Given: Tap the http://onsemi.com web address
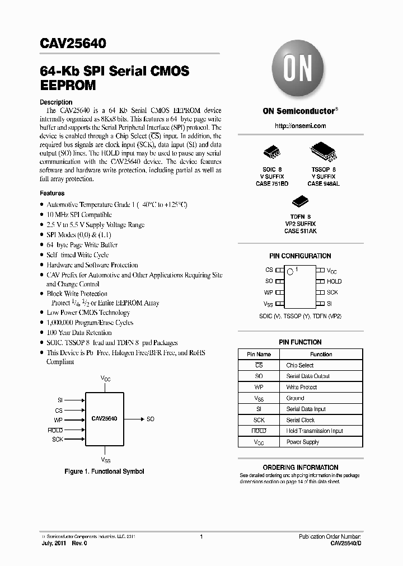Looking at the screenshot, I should (300, 126).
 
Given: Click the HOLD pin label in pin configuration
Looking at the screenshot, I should (334, 281).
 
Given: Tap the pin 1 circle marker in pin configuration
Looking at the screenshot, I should (290, 272).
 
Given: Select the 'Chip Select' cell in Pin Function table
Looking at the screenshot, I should (300, 365).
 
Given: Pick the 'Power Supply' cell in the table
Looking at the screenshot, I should (303, 442).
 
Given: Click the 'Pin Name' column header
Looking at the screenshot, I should (259, 354).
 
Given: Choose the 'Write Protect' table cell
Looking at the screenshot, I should (302, 387).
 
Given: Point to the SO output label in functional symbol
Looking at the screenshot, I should (151, 419).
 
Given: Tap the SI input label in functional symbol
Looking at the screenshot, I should (60, 400).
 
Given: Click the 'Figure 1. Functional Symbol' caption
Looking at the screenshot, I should (104, 471).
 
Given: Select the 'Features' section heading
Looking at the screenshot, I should (52, 193).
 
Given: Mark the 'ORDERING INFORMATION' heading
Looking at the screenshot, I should (300, 468).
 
